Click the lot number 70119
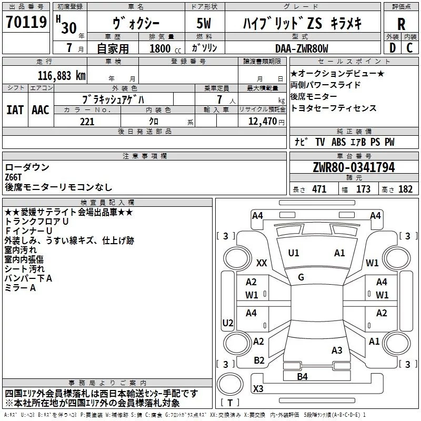point(26,22)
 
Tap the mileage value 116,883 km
point(62,76)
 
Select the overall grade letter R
point(401,24)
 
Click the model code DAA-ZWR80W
point(302,48)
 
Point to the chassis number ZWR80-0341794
point(354,167)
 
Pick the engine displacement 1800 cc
point(165,48)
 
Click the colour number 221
point(87,122)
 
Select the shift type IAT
point(15,110)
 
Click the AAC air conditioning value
point(41,110)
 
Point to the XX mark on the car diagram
point(262,263)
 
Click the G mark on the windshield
point(301,277)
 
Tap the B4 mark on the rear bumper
point(302,377)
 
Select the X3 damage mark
point(258,388)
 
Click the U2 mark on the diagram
point(228,323)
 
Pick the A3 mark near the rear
point(337,350)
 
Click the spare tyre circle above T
point(230,384)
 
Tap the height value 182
point(405,189)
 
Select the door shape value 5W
point(204,23)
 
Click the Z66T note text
point(13,177)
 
